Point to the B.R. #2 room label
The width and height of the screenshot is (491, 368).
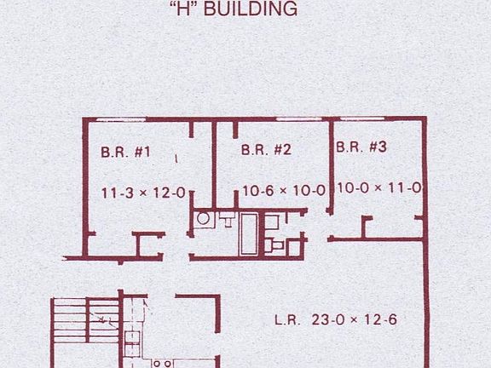(x=267, y=150)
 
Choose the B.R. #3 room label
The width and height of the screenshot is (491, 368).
(x=361, y=147)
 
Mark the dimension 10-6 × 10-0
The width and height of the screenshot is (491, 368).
(x=284, y=190)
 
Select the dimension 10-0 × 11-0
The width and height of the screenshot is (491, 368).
(x=378, y=187)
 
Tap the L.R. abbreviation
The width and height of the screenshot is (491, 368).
(x=286, y=321)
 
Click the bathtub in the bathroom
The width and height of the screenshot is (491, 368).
(x=249, y=234)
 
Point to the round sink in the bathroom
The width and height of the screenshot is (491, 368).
(x=205, y=219)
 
